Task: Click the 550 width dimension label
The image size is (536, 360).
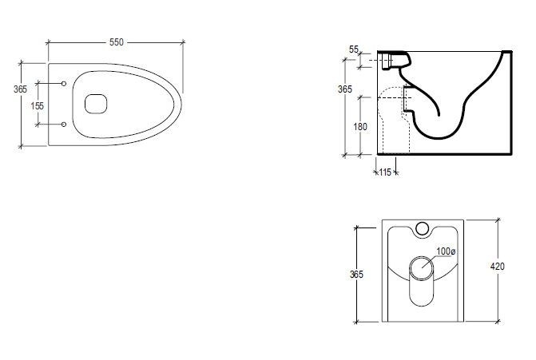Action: (x=116, y=42)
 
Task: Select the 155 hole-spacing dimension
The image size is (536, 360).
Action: (x=38, y=106)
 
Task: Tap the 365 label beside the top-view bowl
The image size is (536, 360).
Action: (x=20, y=89)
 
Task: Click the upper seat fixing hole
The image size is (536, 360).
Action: (x=64, y=83)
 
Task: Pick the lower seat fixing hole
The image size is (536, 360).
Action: (x=64, y=125)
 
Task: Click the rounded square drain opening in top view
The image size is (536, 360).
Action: (x=96, y=104)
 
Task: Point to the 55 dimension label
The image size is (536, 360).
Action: (x=353, y=49)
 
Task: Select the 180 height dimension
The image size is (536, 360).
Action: (x=360, y=127)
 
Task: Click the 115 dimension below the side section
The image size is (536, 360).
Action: (x=385, y=172)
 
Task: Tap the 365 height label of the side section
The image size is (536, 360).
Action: (x=344, y=89)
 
